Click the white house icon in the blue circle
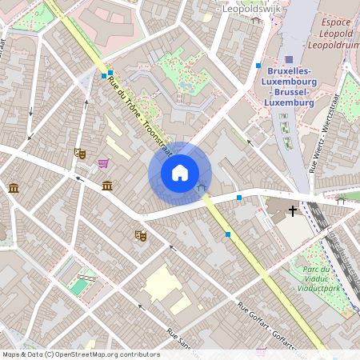click(x=180, y=173)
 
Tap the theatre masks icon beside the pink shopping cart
click(x=79, y=153)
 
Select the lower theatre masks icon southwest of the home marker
click(x=141, y=235)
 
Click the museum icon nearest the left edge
click(x=14, y=188)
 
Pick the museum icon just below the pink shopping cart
click(x=107, y=186)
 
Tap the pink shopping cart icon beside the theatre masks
click(x=103, y=163)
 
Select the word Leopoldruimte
click(x=334, y=47)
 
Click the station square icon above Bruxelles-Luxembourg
click(x=289, y=59)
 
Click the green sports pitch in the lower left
click(x=78, y=285)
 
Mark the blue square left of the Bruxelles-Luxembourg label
click(x=258, y=66)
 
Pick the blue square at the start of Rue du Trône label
click(x=104, y=76)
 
